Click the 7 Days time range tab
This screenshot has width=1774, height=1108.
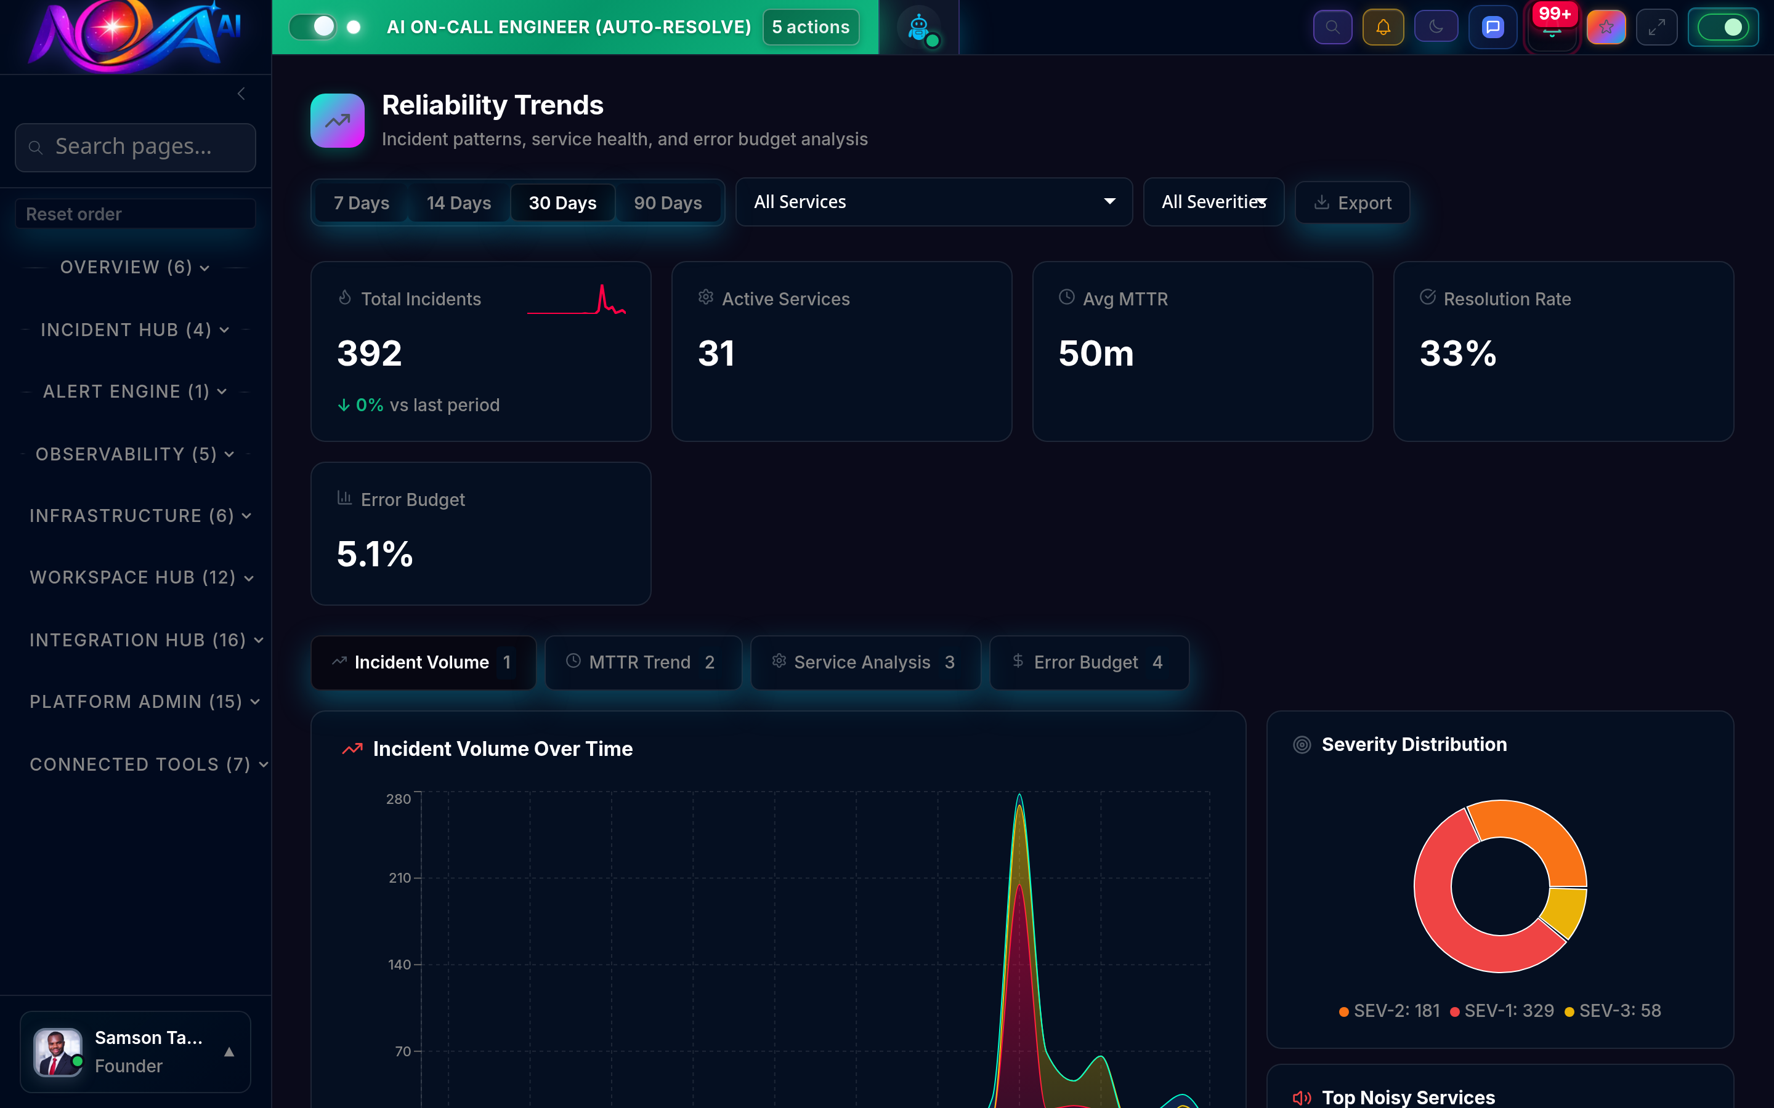point(361,203)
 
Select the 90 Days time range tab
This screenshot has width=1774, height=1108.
point(667,203)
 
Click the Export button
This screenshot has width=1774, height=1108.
point(1353,203)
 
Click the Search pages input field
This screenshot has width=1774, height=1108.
point(136,147)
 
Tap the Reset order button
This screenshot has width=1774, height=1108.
point(136,214)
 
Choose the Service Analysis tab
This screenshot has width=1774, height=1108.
point(865,662)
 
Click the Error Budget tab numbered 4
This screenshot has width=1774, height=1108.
point(1088,662)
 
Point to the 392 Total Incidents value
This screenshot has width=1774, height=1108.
point(370,353)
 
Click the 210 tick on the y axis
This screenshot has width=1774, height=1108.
point(400,878)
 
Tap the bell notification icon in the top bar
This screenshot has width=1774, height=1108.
point(1382,27)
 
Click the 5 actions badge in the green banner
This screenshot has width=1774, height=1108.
point(810,27)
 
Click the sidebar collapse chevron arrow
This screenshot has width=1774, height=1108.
point(241,94)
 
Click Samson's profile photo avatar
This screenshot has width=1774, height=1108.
point(57,1051)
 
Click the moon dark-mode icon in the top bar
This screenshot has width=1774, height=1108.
point(1435,27)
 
